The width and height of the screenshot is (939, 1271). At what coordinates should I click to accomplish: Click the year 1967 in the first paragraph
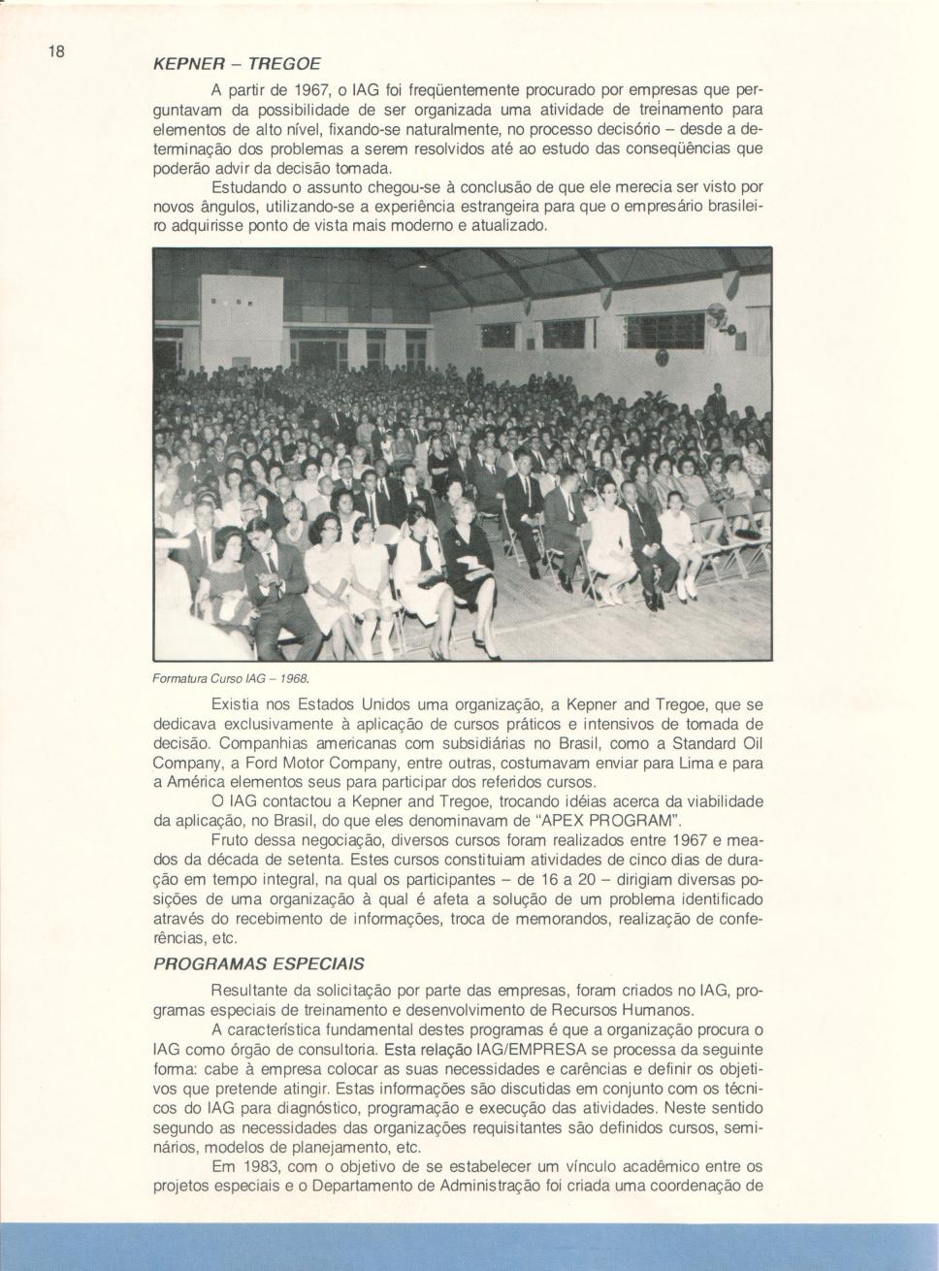pyautogui.click(x=290, y=90)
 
